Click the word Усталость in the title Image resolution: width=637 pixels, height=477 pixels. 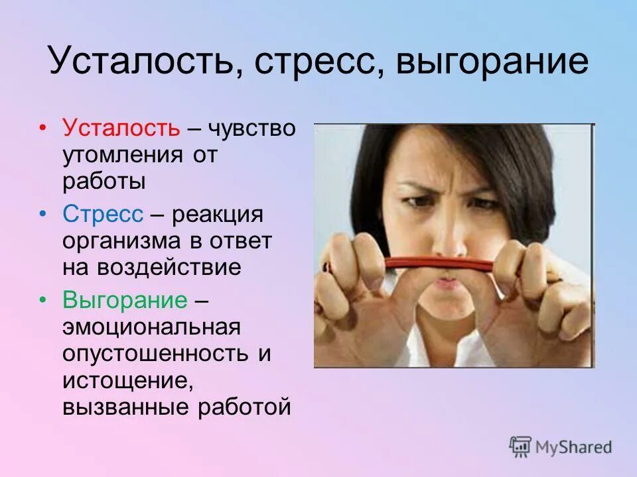pyautogui.click(x=137, y=62)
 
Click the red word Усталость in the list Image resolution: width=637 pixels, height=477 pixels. pyautogui.click(x=121, y=128)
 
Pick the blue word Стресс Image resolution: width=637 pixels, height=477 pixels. pyautogui.click(x=103, y=214)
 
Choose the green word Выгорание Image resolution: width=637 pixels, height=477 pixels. pyautogui.click(x=125, y=300)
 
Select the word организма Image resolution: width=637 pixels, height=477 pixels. pyautogui.click(x=123, y=241)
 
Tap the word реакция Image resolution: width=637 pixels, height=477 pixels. pyautogui.click(x=218, y=214)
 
